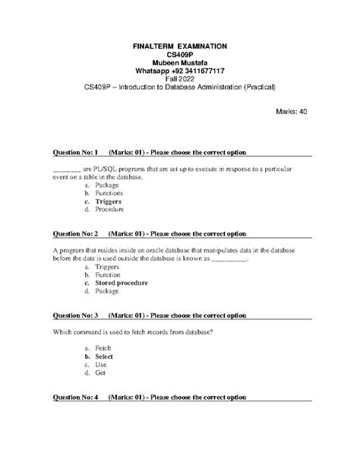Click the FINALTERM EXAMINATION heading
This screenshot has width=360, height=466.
click(180, 46)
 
